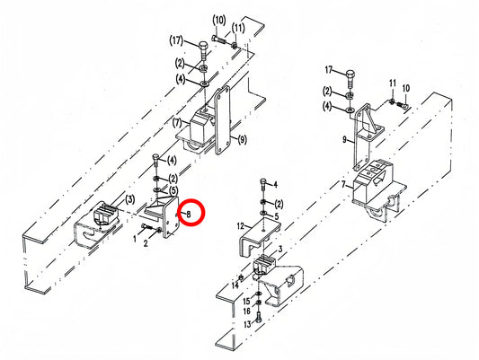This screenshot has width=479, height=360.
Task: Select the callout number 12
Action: click(x=241, y=226)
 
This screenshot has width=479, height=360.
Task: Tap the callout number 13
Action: click(x=247, y=324)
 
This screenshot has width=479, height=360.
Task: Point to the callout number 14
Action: click(x=235, y=285)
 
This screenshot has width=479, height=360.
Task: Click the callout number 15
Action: click(x=246, y=302)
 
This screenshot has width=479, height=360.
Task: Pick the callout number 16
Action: click(x=247, y=312)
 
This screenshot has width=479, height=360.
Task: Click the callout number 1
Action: click(x=135, y=239)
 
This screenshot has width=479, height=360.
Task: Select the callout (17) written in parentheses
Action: click(x=176, y=41)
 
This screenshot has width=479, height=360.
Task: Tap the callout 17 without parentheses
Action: click(x=328, y=70)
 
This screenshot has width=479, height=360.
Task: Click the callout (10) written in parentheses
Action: click(x=219, y=21)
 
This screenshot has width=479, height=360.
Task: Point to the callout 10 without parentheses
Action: click(x=406, y=89)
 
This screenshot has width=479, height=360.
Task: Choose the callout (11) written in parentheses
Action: click(x=238, y=29)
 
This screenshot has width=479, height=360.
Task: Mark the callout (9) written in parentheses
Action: click(x=242, y=140)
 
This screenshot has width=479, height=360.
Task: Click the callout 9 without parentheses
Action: click(x=344, y=140)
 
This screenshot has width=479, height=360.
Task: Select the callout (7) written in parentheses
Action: click(x=177, y=123)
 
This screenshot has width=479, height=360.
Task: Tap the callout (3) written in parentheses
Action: click(x=130, y=200)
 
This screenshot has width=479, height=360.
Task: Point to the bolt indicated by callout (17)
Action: click(x=203, y=51)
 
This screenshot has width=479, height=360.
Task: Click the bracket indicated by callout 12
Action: click(x=259, y=234)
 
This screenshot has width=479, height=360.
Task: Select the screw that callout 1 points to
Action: click(x=146, y=226)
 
